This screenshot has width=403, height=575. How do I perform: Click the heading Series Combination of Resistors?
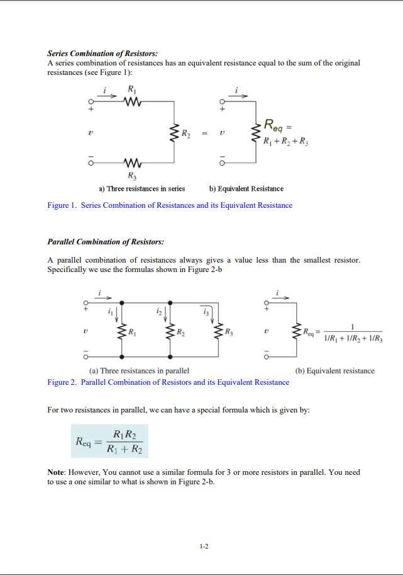102,54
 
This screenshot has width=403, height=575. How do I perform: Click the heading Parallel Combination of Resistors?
106,242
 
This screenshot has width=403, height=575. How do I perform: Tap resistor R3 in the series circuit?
133,162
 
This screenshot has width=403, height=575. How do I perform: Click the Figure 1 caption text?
170,205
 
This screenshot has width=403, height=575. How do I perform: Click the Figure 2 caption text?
168,382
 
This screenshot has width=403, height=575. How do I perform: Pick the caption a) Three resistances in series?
141,188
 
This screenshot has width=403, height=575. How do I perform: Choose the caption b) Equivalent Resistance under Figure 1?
246,188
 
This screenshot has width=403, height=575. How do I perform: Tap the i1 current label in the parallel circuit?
112,311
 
